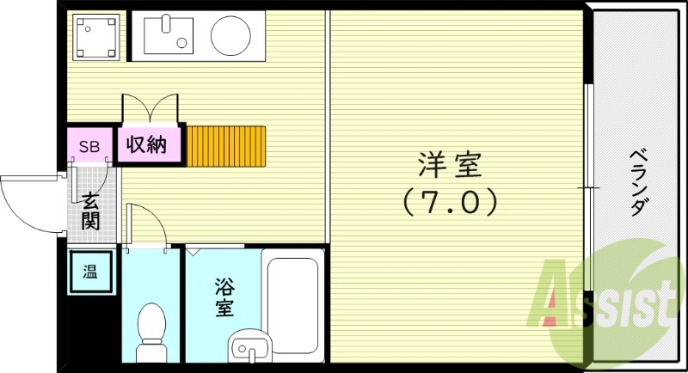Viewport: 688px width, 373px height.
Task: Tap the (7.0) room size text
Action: (x=451, y=202)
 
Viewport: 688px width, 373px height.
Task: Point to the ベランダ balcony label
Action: (x=638, y=183)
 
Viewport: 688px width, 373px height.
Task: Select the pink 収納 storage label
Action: (x=147, y=144)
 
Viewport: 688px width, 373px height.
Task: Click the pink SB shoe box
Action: (x=89, y=146)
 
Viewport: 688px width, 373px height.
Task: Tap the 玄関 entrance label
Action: (x=90, y=211)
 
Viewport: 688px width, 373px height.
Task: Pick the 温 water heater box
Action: (x=89, y=273)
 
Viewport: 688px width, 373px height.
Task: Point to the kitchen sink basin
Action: (x=169, y=35)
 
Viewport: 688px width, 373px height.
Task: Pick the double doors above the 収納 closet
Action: (x=153, y=109)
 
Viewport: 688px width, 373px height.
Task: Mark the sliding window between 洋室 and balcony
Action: (x=588, y=185)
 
